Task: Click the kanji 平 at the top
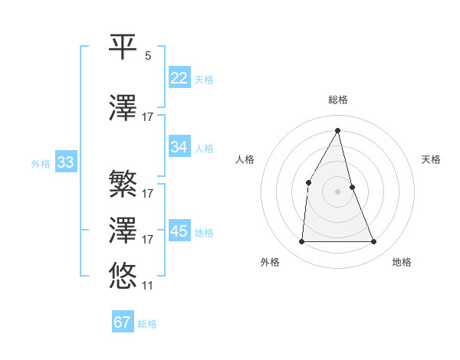coord(123,47)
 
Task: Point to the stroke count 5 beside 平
coord(148,56)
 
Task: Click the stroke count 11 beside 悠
coord(148,285)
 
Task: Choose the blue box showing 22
coord(179,78)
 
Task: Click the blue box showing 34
coord(179,147)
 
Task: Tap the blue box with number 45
coord(179,231)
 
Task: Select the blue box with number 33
coord(65,162)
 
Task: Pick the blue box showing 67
coord(123,322)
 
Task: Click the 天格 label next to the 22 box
coord(204,80)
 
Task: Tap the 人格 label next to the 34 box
coord(204,149)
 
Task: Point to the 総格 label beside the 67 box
coord(147,324)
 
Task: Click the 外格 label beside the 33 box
coord(41,164)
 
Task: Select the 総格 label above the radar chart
coord(338,100)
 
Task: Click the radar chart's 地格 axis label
coord(402,262)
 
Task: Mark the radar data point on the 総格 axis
coord(338,130)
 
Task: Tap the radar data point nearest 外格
coord(301,242)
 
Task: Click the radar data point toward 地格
coord(374,242)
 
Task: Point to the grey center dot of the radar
coord(338,191)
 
